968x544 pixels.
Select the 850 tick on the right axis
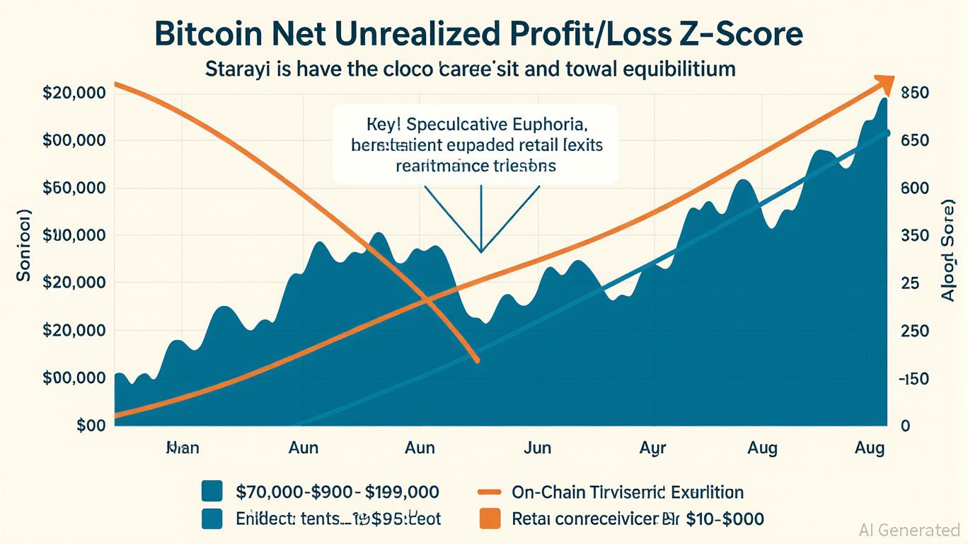tap(914, 93)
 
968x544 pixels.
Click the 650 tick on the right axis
tap(914, 141)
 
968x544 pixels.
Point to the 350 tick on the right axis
tap(914, 236)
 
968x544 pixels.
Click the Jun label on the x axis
tap(537, 448)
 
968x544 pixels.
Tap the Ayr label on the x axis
tap(653, 448)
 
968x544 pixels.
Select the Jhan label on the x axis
tap(182, 448)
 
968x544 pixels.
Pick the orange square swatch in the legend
tap(490, 518)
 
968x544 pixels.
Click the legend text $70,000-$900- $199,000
tap(337, 492)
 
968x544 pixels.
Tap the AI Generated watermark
tap(909, 530)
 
